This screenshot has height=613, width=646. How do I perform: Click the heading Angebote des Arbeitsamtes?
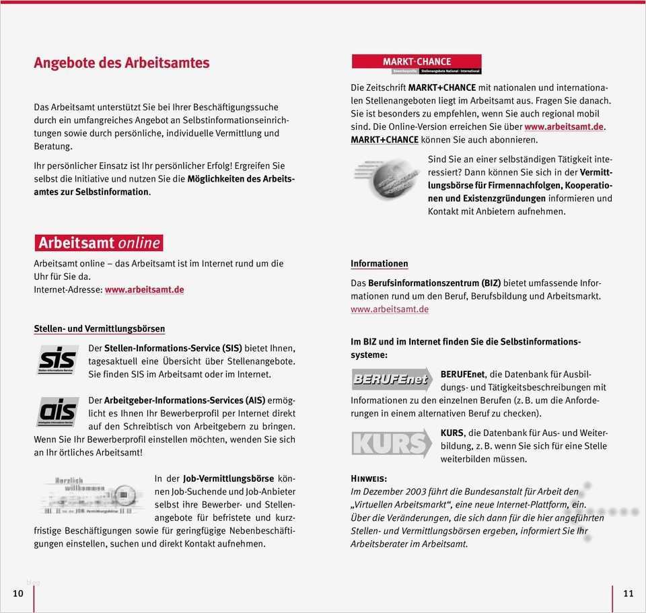pos(122,63)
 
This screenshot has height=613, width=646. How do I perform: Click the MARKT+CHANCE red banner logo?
pos(417,64)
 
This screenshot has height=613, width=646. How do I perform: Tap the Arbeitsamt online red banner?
pos(99,242)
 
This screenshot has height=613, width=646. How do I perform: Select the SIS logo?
pos(57,359)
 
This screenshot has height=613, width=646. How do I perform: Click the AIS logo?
pos(57,411)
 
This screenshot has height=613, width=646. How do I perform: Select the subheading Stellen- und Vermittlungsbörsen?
pos(100,328)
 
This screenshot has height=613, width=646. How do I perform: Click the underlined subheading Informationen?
pos(379,263)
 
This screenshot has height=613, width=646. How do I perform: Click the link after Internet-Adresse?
pos(144,289)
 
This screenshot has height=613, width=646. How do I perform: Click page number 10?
pos(18,593)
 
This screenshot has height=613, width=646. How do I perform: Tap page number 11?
pos(628,593)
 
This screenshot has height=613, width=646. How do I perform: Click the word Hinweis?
pos(369,478)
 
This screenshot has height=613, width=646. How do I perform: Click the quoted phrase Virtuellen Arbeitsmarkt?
pos(398,504)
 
